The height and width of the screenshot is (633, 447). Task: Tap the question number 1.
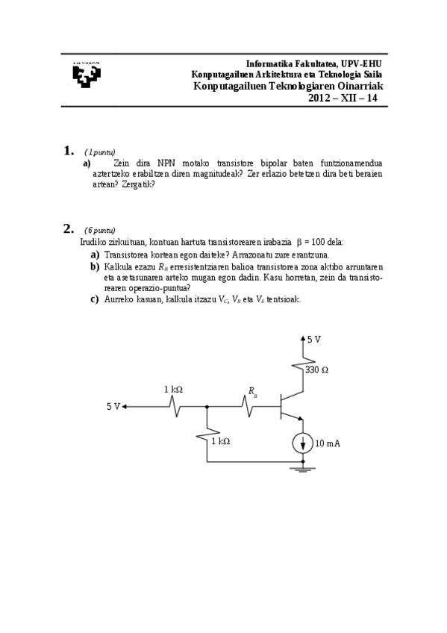pyautogui.click(x=68, y=151)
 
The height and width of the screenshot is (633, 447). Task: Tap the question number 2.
pyautogui.click(x=68, y=228)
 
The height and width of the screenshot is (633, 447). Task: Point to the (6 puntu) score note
pyautogui.click(x=99, y=230)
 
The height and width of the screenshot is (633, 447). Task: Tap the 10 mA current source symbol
pyautogui.click(x=303, y=443)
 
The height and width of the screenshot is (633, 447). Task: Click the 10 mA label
pyautogui.click(x=329, y=443)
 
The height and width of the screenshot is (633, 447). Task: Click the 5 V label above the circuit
pyautogui.click(x=314, y=340)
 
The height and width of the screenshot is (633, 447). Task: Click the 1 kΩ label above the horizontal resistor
pyautogui.click(x=173, y=390)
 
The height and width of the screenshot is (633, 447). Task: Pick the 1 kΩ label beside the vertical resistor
pyautogui.click(x=220, y=441)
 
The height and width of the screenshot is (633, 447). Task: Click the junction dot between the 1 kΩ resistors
pyautogui.click(x=207, y=407)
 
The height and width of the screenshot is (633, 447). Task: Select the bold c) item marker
pyautogui.click(x=95, y=299)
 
